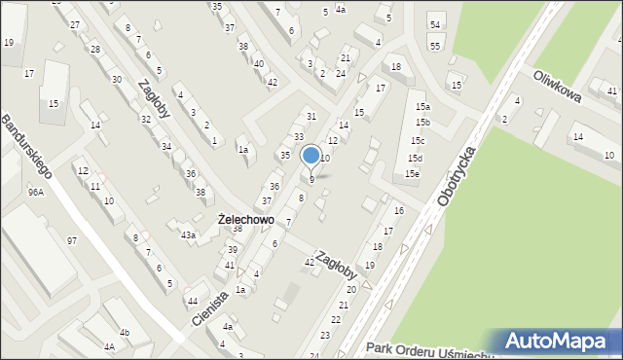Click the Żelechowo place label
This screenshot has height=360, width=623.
tap(245, 221)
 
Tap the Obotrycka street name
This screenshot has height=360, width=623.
tap(458, 177)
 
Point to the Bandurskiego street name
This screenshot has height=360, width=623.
tap(25, 147)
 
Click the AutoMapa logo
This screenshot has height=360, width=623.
tap(560, 341)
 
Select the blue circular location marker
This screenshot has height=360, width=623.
tap(311, 155)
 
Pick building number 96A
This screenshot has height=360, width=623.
tap(36, 193)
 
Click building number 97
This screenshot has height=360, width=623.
tap(71, 240)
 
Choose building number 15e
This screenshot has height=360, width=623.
tap(413, 173)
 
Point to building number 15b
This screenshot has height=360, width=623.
tap(422, 122)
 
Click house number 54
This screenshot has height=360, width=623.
tap(435, 24)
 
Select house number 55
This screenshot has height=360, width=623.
tap(435, 46)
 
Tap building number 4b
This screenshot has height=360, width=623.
tap(124, 333)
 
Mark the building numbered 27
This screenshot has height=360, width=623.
tap(74, 22)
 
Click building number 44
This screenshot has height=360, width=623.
tap(193, 302)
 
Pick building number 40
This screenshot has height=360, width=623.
tap(258, 64)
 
